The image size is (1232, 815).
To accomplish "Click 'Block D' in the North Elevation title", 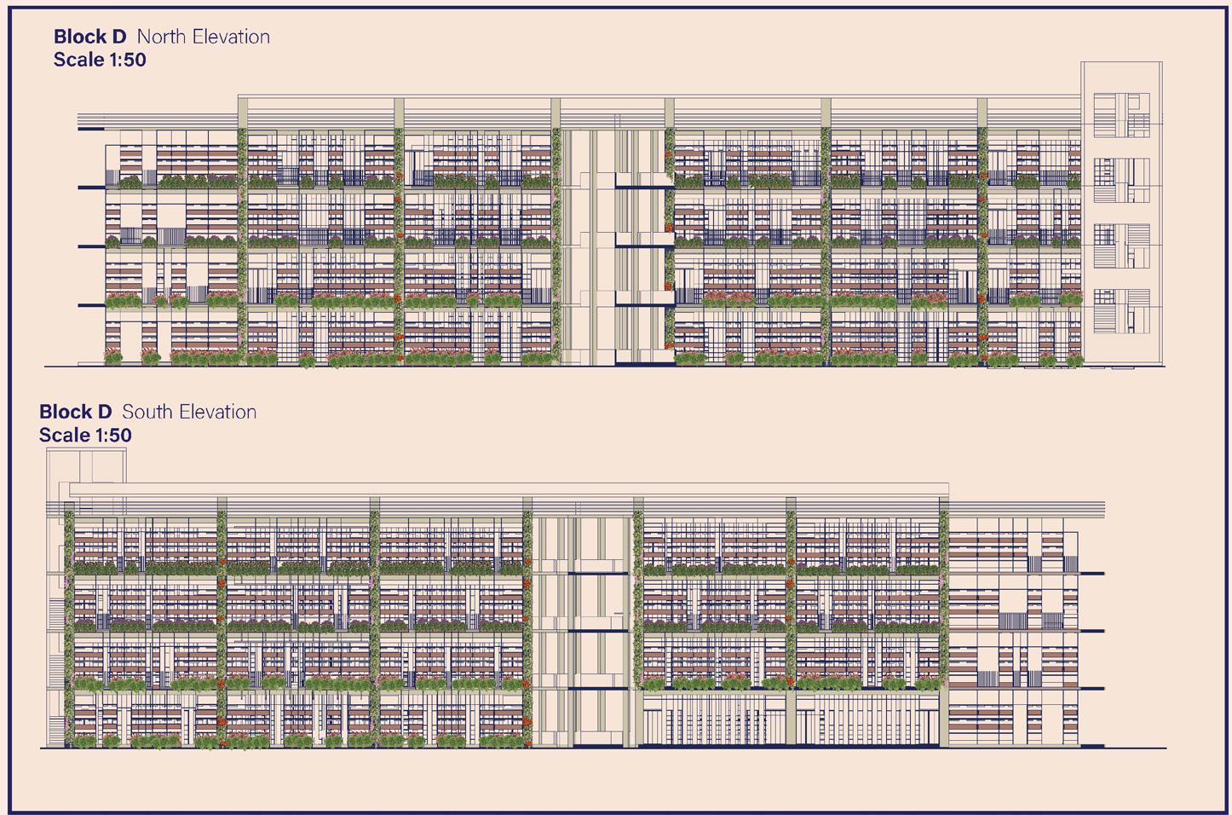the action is click(89, 37).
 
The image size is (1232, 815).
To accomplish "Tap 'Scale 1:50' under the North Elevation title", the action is click(100, 60).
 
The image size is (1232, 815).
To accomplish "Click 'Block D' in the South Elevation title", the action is click(75, 412).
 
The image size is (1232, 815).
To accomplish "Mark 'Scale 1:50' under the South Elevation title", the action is click(85, 435).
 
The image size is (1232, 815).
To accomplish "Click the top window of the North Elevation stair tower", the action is click(1121, 115).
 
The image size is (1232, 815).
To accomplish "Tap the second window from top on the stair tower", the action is click(1121, 181).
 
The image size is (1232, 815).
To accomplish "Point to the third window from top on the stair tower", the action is click(1121, 246).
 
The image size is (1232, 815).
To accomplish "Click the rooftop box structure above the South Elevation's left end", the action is click(86, 465).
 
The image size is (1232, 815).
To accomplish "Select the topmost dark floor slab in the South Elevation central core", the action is click(597, 573).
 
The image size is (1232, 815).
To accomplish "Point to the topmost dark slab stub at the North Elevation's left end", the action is click(90, 129).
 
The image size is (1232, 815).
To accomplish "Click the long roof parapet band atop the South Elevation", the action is click(508, 489).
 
